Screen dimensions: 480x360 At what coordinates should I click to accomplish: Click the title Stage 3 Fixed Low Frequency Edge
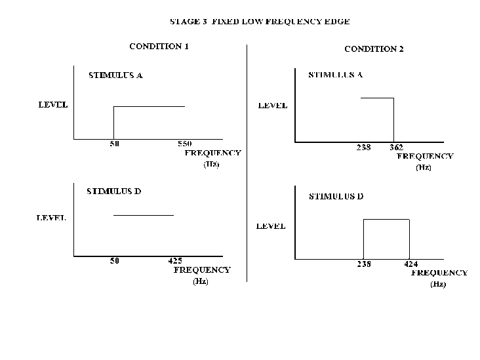[x=260, y=22]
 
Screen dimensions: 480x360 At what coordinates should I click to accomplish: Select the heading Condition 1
[x=159, y=46]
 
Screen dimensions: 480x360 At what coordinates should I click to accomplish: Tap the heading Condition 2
[x=374, y=49]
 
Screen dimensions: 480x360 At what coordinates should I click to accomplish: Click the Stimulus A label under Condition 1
[x=115, y=75]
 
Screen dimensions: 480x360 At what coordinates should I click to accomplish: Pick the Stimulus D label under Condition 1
[x=114, y=191]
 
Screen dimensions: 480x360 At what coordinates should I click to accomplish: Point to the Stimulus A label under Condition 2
[x=336, y=75]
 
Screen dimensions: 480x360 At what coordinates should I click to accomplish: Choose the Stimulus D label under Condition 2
[x=336, y=196]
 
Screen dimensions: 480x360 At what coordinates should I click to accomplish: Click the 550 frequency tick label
[x=185, y=144]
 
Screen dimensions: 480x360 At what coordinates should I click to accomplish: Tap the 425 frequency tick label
[x=175, y=261]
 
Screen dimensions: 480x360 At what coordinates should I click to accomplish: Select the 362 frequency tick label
[x=397, y=148]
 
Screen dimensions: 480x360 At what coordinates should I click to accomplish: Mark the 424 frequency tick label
[x=410, y=264]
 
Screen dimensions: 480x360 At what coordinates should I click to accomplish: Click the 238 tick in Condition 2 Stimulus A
[x=364, y=148]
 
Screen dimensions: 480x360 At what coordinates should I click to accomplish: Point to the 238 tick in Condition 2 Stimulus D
[x=364, y=264]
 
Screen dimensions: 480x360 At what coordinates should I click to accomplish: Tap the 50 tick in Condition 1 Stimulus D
[x=115, y=261]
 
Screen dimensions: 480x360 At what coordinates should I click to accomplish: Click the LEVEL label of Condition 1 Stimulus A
[x=53, y=105]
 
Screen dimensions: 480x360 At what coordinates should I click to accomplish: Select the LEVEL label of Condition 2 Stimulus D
[x=271, y=226]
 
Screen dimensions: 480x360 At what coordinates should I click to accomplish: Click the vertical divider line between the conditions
[x=247, y=163]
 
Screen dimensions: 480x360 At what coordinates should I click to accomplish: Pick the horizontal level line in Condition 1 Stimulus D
[x=144, y=216]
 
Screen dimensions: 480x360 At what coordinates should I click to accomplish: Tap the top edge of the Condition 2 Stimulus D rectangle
[x=386, y=219]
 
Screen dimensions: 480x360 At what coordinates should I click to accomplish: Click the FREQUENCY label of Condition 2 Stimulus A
[x=425, y=157]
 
